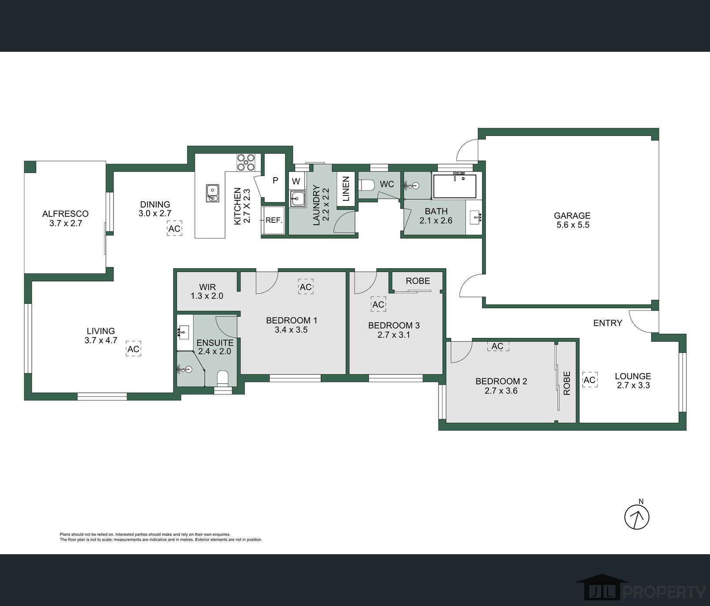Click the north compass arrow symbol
point(637,517)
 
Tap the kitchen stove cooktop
point(246,162)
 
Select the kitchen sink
point(212,193)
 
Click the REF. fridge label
point(274,220)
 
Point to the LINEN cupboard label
point(346,189)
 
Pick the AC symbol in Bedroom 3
point(378,304)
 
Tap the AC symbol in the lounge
point(589,380)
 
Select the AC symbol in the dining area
point(174,229)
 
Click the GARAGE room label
point(572,215)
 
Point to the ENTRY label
point(608,323)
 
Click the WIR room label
point(207,287)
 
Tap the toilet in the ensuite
point(222,378)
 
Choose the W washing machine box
point(296,180)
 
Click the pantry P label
point(275,180)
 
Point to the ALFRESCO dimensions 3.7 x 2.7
point(66,223)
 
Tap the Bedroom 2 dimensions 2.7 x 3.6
point(501,391)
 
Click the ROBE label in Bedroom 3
point(418,281)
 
